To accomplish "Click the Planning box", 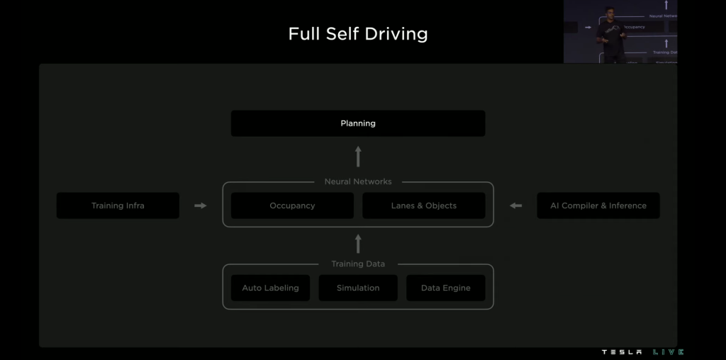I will tap(358, 123).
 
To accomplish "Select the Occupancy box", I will tap(292, 206).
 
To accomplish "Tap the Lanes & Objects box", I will tap(424, 206).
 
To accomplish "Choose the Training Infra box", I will tap(118, 206).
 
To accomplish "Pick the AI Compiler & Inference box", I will tap(598, 206).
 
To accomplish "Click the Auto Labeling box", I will tap(270, 288).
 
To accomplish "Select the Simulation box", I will tap(358, 288).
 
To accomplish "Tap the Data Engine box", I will tap(445, 288).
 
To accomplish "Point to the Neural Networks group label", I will tap(358, 181).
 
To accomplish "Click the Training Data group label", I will tap(358, 264).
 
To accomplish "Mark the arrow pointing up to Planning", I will tap(358, 156).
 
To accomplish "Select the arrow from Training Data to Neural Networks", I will tap(358, 244).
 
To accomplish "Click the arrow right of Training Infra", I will tap(201, 206).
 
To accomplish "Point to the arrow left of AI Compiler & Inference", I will tap(515, 206).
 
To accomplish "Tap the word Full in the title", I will tap(303, 34).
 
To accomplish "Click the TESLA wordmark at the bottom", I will tap(622, 352).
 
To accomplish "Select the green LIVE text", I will tap(668, 352).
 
